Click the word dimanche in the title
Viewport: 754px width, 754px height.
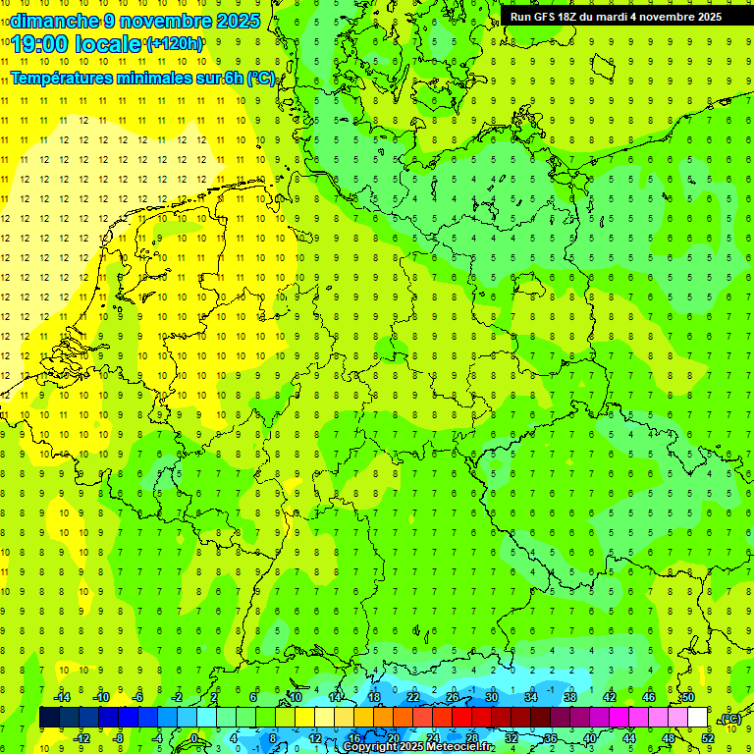(x=54, y=21)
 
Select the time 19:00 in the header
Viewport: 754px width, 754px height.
(x=45, y=44)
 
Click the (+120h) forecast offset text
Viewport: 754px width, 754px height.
(x=175, y=44)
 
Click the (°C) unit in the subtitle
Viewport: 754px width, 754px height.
(x=261, y=78)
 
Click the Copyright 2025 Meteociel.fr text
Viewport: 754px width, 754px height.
(x=417, y=747)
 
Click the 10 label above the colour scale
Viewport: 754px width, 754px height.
(x=295, y=697)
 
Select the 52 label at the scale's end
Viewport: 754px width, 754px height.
(x=707, y=738)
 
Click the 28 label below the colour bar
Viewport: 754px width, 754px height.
(x=471, y=738)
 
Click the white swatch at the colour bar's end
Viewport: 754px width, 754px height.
(x=697, y=718)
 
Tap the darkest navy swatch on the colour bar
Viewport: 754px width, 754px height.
(x=49, y=718)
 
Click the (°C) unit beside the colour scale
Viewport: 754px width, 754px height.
(x=731, y=720)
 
